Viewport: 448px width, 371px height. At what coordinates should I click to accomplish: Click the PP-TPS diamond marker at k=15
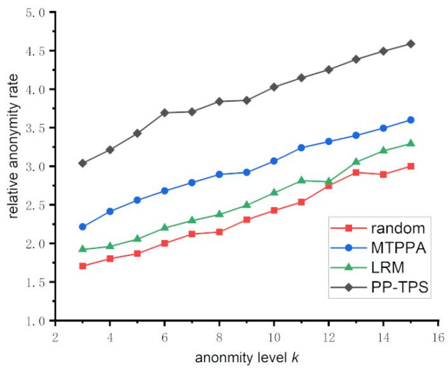(x=411, y=44)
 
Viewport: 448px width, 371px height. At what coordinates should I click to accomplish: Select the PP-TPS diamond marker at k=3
(x=83, y=163)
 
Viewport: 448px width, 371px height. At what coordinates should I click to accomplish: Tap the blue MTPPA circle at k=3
(x=83, y=227)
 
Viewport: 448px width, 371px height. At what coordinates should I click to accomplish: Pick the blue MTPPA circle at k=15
(x=411, y=120)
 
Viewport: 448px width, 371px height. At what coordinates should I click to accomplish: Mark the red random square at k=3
(x=83, y=266)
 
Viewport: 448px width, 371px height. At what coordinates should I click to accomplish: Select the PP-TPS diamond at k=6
(x=165, y=112)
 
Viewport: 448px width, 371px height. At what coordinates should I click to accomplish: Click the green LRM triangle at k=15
(x=411, y=143)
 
